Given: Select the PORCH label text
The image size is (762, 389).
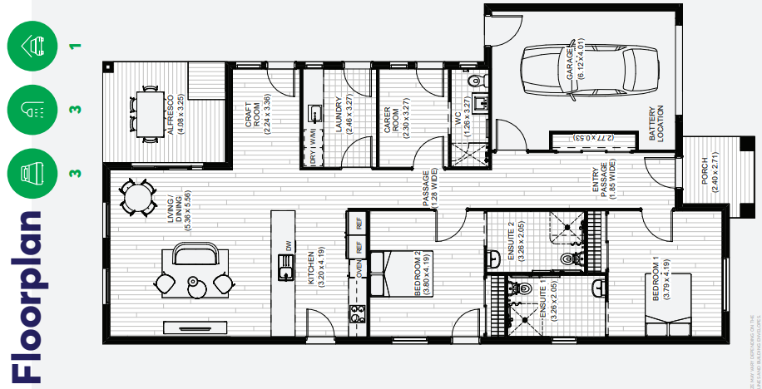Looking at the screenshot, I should (x=709, y=175).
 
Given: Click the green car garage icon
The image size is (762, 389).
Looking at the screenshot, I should (x=32, y=44).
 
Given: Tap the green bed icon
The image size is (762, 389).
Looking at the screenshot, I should (x=32, y=175).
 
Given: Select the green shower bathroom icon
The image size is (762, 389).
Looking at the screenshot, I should (x=32, y=109).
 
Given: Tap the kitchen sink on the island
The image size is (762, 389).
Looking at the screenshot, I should (x=285, y=268).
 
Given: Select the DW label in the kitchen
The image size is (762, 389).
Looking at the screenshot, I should (x=288, y=246).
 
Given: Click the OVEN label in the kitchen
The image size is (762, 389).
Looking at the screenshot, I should (x=359, y=268).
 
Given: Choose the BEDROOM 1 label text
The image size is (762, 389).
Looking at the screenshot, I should (x=660, y=278).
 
